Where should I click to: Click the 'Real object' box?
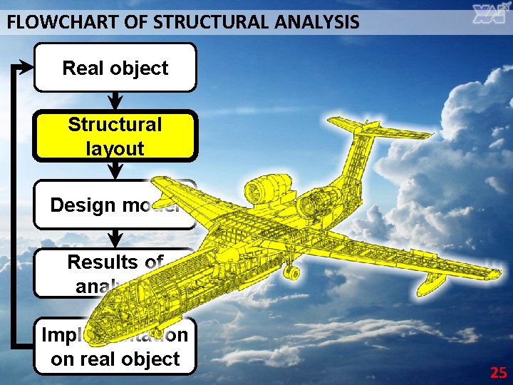(115, 68)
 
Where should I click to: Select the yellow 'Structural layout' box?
(115, 135)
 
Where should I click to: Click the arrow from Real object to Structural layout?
(115, 100)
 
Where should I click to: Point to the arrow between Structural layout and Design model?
(115, 170)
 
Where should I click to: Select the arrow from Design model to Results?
(115, 239)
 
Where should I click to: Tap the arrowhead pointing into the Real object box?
(26, 68)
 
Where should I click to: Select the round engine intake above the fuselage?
(253, 191)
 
